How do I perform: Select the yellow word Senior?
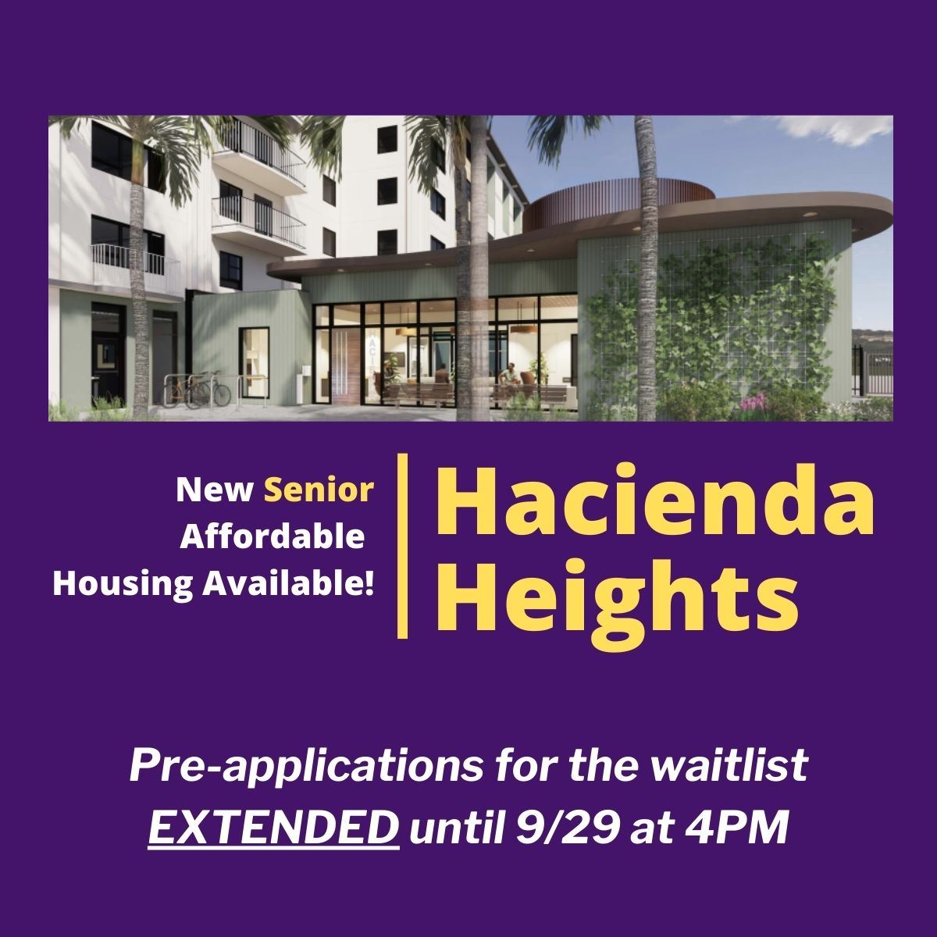[319, 490]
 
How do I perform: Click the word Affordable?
[273, 537]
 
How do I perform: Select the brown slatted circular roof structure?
[617, 199]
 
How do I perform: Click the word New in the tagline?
[214, 490]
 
